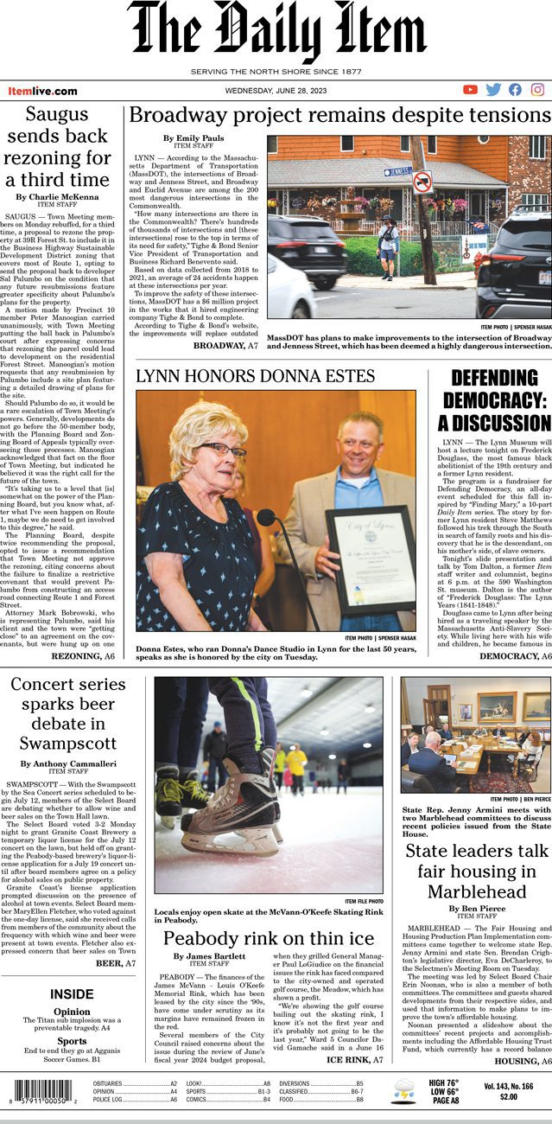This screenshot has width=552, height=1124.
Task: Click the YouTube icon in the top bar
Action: point(470,90)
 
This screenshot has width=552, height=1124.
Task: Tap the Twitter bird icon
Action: point(493,90)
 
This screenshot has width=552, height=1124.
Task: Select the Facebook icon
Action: point(516,90)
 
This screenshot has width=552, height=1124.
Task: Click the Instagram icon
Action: point(538,90)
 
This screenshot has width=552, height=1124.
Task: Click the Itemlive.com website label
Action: point(42,91)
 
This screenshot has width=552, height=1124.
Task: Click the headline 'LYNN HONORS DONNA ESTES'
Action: point(255,376)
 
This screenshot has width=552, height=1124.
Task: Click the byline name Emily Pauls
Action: point(193,138)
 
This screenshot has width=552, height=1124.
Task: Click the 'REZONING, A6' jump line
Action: point(83,657)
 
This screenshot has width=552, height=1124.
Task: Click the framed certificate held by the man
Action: point(370,558)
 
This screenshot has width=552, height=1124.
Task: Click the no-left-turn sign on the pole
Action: point(422,182)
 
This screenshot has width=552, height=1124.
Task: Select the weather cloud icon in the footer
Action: point(403,1091)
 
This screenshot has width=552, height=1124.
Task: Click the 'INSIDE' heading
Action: point(72,994)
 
